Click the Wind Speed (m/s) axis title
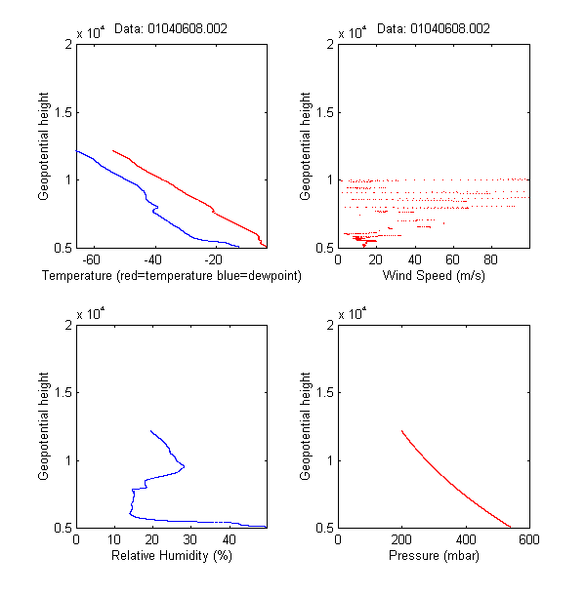432,276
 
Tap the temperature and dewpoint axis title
171,276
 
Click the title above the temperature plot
171,29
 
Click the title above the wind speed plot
433,29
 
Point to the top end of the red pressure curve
401,431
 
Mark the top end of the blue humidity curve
150,430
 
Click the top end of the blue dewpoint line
76,149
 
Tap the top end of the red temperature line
113,150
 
